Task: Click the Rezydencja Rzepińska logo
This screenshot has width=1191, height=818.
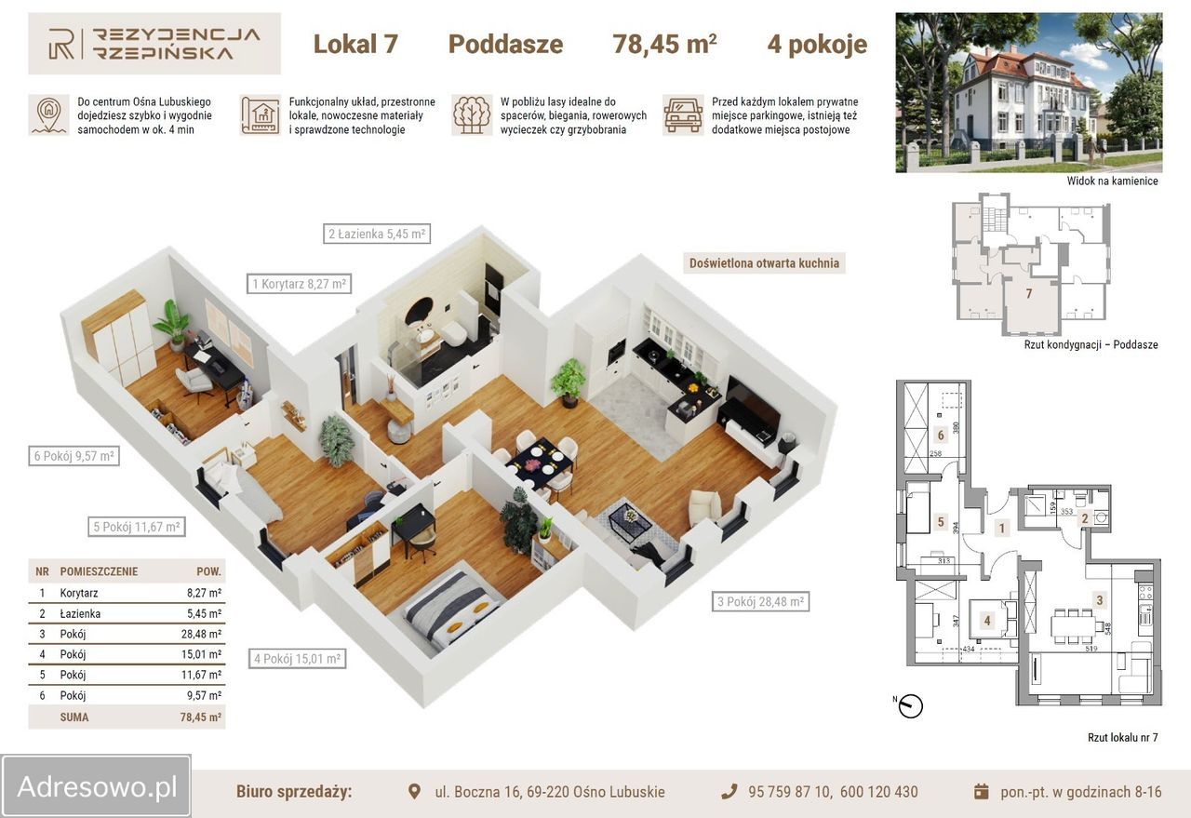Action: [154, 44]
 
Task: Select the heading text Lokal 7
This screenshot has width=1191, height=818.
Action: [355, 44]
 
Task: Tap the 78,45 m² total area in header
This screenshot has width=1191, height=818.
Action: [664, 44]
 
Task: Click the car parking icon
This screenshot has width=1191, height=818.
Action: [683, 114]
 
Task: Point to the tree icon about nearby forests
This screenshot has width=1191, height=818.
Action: [472, 114]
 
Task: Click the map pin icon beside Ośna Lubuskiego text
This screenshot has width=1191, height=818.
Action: [48, 114]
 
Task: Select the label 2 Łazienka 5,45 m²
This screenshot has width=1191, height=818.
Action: [377, 234]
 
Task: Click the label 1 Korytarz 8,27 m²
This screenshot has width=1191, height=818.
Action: [299, 284]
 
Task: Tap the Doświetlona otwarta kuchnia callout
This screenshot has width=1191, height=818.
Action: [764, 263]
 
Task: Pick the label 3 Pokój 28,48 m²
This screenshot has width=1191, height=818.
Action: [760, 602]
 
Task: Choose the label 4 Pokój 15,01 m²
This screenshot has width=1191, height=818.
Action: [298, 659]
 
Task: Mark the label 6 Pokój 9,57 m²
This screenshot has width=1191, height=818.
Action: [74, 456]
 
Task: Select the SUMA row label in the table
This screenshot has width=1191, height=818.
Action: [74, 717]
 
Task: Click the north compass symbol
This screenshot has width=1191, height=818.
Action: [910, 705]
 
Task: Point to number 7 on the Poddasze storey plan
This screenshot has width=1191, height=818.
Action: [1029, 294]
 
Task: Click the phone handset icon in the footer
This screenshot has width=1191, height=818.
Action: [729, 791]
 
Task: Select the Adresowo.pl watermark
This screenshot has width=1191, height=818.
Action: [97, 787]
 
